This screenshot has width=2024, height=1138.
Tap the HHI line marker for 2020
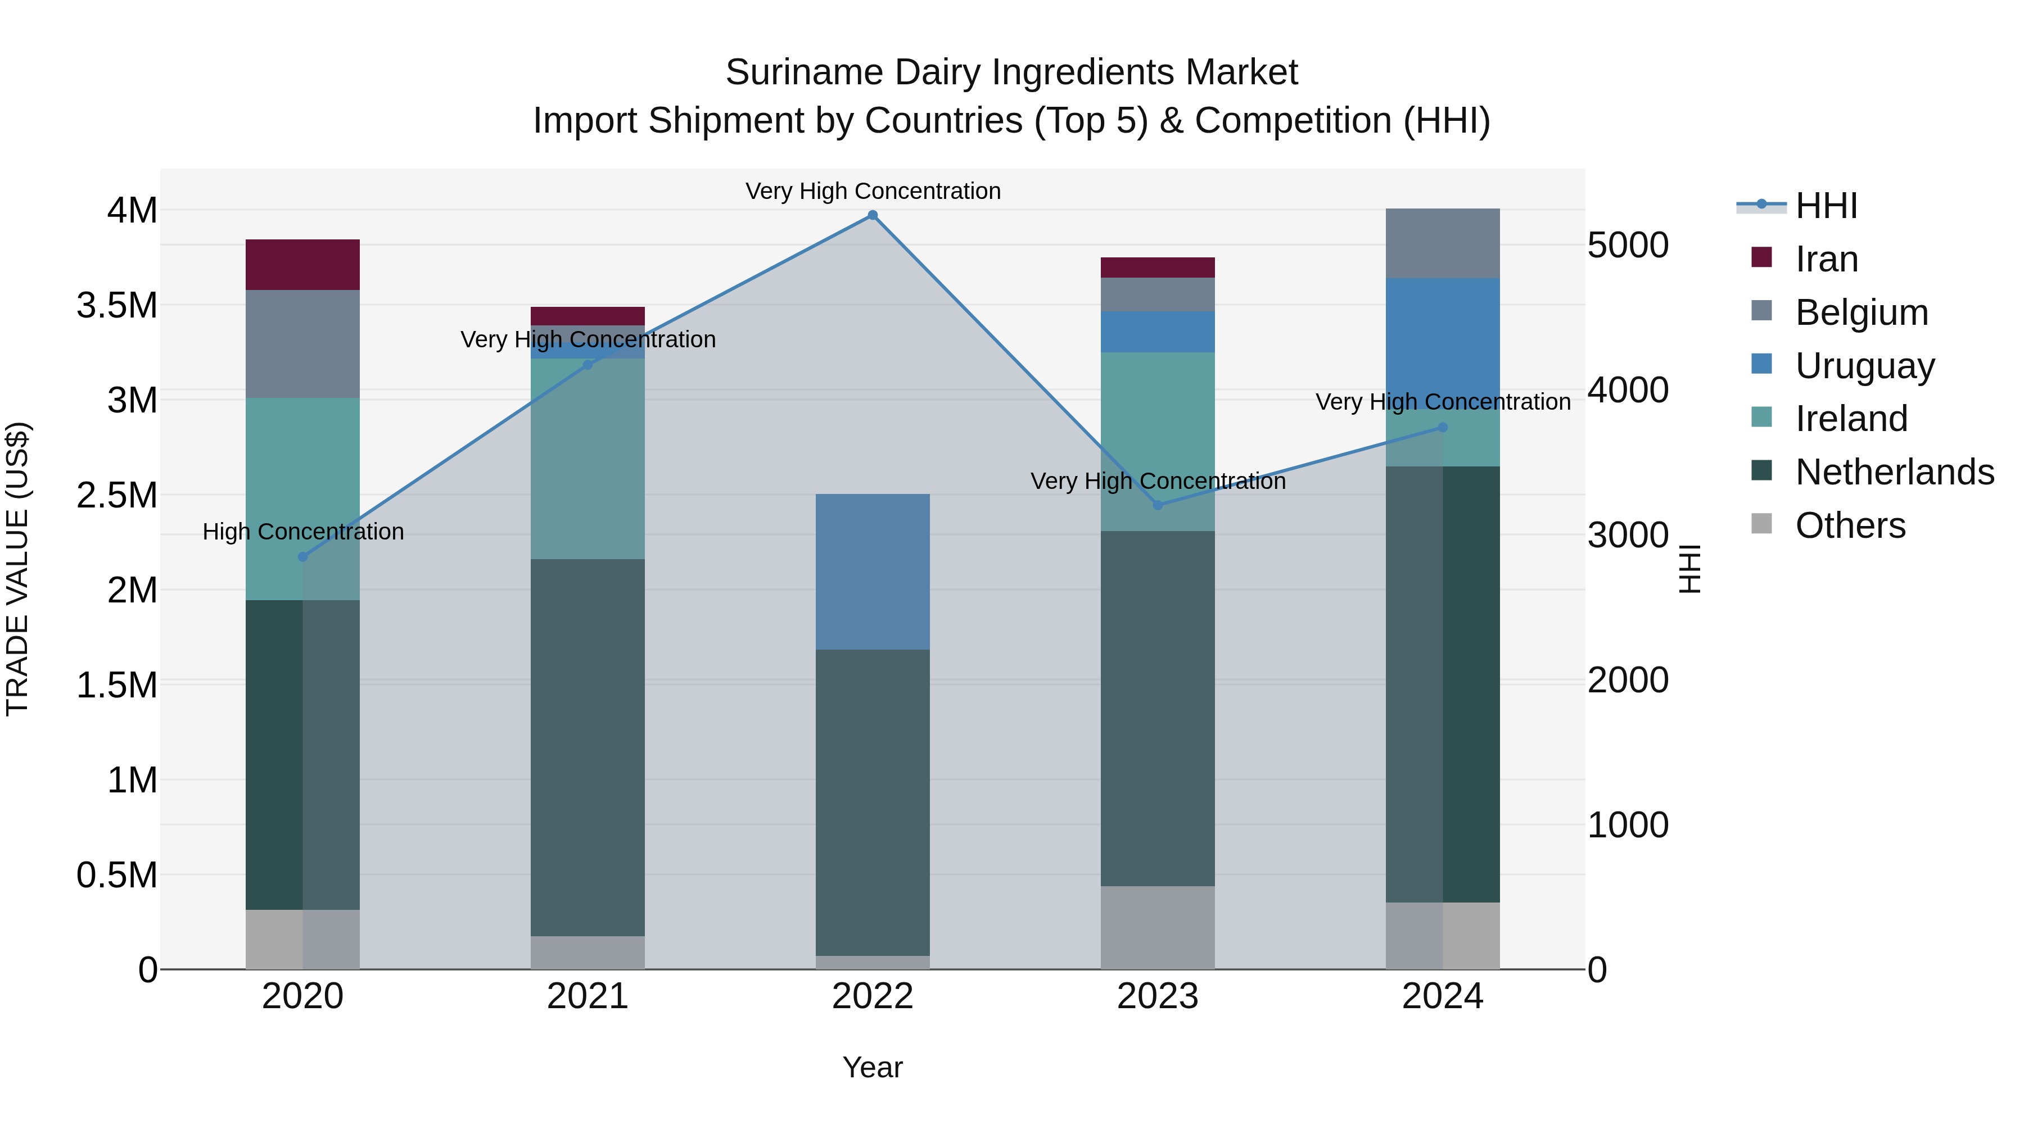click(302, 557)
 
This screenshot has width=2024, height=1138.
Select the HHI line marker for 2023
click(1158, 505)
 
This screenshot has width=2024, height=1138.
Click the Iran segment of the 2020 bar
click(302, 265)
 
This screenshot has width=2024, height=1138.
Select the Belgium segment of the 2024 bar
click(1443, 243)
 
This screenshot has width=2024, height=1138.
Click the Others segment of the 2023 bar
click(1158, 927)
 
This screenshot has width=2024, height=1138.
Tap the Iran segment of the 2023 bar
click(1158, 267)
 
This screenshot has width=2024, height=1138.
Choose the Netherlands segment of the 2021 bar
click(588, 747)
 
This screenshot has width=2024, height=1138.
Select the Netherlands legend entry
click(1894, 472)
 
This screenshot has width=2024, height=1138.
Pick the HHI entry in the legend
click(1826, 206)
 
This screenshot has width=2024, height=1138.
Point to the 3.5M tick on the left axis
click(117, 306)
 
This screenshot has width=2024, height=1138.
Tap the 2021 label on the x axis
click(588, 996)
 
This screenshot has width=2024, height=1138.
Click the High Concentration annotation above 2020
click(303, 532)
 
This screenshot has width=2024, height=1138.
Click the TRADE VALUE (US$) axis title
click(17, 569)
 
